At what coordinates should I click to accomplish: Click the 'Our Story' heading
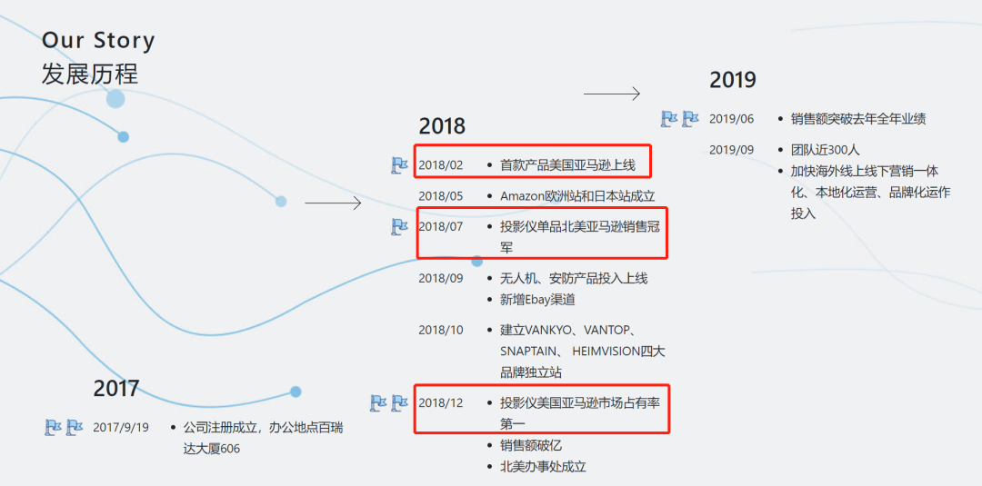pyautogui.click(x=98, y=41)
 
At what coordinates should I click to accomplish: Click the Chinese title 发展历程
pyautogui.click(x=89, y=74)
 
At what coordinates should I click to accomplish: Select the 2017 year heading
pyautogui.click(x=115, y=389)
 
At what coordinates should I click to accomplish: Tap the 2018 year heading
pyautogui.click(x=442, y=126)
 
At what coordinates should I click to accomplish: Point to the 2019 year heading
pyautogui.click(x=732, y=80)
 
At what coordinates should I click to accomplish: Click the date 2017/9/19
pyautogui.click(x=121, y=427)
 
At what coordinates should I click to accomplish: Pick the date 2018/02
pyautogui.click(x=441, y=165)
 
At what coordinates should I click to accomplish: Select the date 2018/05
pyautogui.click(x=441, y=195)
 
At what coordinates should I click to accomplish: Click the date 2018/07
pyautogui.click(x=441, y=226)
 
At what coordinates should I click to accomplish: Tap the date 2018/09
pyautogui.click(x=441, y=278)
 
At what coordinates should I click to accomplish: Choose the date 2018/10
pyautogui.click(x=441, y=330)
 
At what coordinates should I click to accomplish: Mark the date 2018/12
pyautogui.click(x=441, y=402)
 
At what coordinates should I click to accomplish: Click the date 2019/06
pyautogui.click(x=732, y=119)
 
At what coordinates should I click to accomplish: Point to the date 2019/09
pyautogui.click(x=732, y=150)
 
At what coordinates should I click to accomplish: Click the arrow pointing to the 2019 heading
pyautogui.click(x=612, y=94)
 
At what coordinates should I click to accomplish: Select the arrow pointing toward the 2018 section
pyautogui.click(x=333, y=203)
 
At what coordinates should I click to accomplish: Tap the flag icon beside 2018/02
pyautogui.click(x=399, y=165)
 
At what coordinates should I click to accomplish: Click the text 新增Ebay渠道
pyautogui.click(x=537, y=300)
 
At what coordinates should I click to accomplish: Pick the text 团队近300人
pyautogui.click(x=825, y=150)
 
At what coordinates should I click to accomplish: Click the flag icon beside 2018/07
pyautogui.click(x=399, y=226)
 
